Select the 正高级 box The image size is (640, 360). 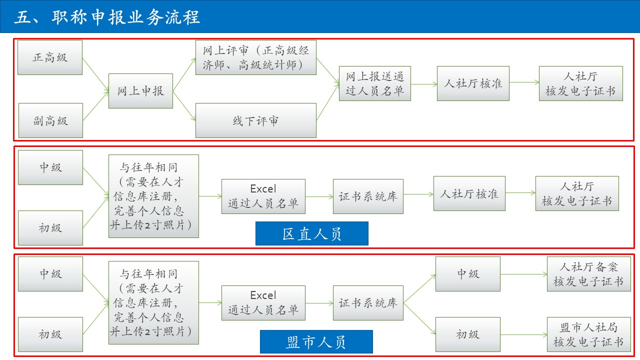pos(50,57)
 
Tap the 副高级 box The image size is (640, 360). pos(50,120)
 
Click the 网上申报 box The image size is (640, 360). pos(140,91)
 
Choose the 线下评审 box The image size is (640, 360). pos(255,120)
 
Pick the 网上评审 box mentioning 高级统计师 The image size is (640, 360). pos(255,57)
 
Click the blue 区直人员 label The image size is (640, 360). pos(311,233)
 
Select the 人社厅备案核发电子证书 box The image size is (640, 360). pos(588,274)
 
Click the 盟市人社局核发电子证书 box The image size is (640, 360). pos(588,334)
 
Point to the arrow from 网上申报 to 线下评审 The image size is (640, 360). pos(184,106)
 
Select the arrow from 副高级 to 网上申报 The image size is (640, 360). pos(95,106)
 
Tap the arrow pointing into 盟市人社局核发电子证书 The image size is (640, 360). pos(523,334)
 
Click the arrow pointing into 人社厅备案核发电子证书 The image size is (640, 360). pos(523,274)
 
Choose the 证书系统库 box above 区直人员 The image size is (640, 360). pos(368,196)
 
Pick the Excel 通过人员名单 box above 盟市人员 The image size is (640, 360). pos(263,303)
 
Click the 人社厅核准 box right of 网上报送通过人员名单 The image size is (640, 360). pos(473,83)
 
